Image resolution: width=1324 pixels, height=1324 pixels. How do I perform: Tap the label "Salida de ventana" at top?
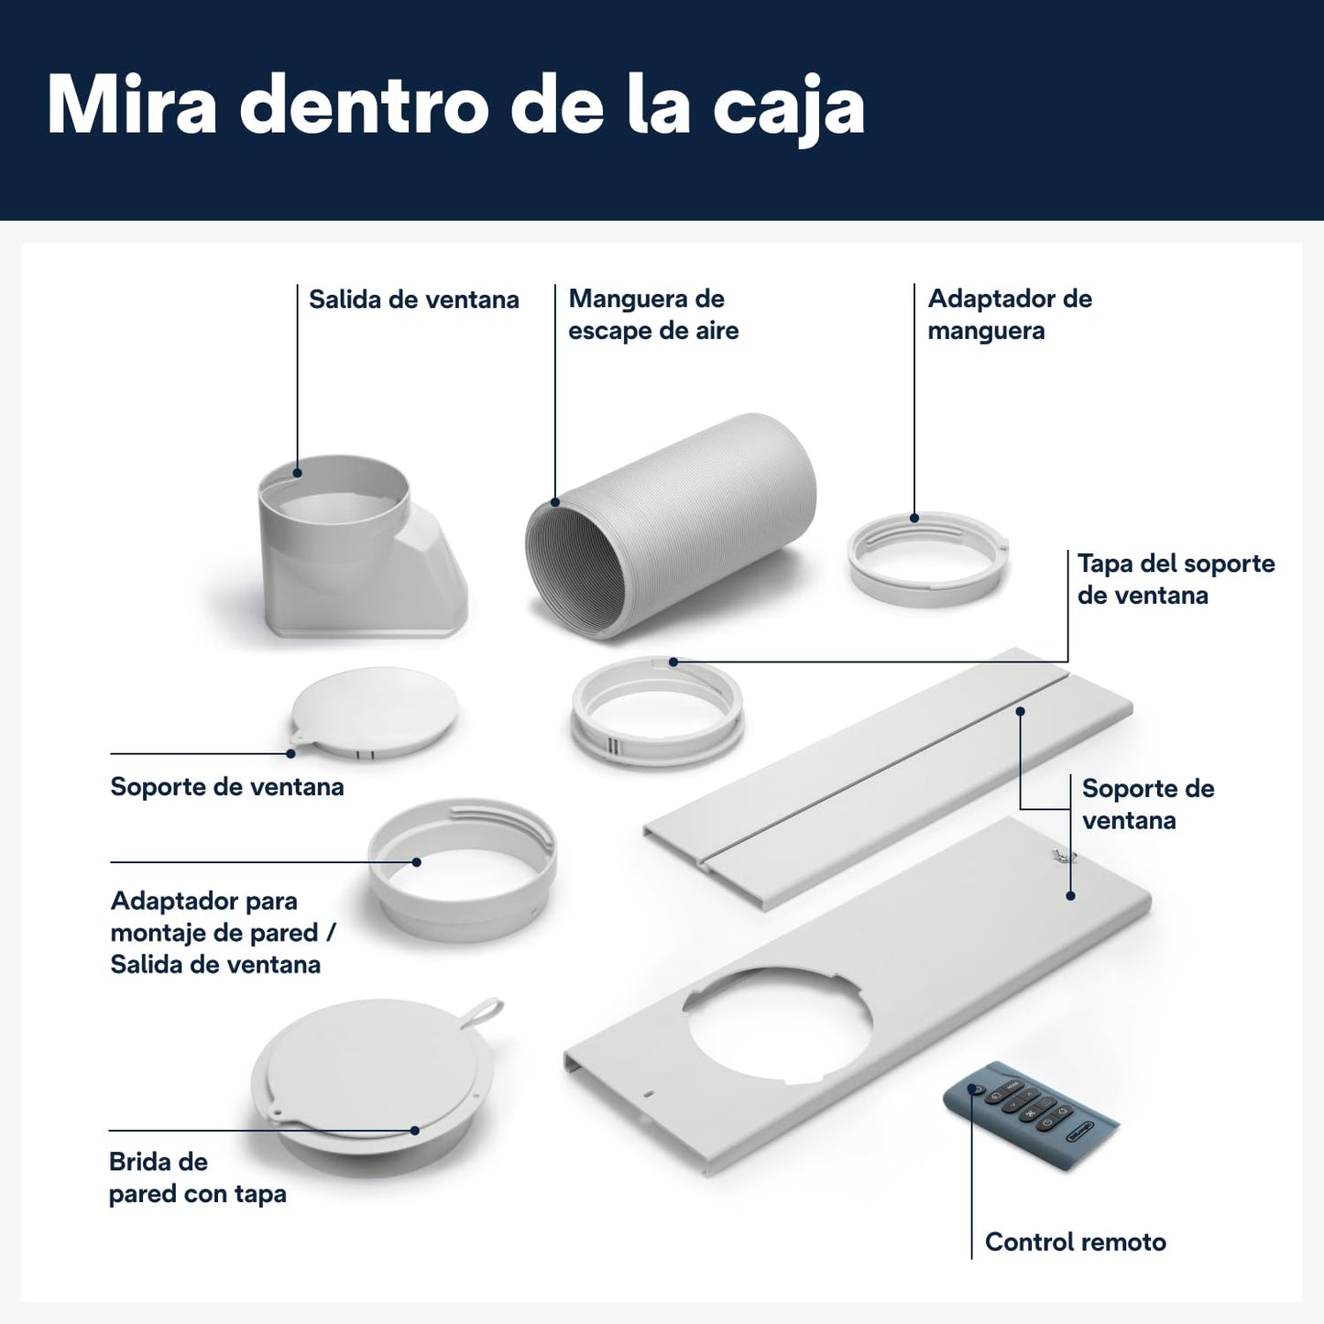click(413, 300)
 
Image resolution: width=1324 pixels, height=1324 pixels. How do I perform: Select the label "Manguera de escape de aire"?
click(653, 314)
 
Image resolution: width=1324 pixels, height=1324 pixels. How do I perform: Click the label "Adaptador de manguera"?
click(1010, 314)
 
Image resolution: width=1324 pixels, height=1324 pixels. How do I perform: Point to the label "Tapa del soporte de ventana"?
click(1176, 579)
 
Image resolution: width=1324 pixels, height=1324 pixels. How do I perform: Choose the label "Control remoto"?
click(1076, 1242)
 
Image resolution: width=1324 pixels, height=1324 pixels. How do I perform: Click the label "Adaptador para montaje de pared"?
click(224, 916)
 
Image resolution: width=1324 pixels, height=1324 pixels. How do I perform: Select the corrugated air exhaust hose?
click(672, 526)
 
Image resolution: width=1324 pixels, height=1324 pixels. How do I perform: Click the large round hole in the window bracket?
click(777, 1026)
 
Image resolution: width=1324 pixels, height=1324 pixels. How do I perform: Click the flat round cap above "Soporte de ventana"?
click(374, 713)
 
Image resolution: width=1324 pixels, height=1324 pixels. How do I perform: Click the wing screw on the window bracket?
click(1063, 855)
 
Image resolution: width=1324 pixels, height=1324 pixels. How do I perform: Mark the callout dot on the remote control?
click(971, 1089)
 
